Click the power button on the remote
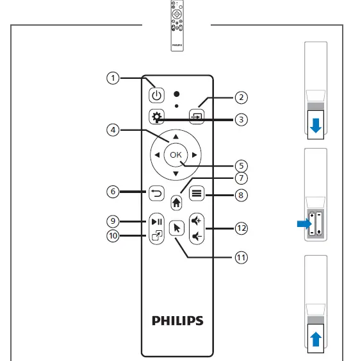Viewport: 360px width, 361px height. tap(157, 96)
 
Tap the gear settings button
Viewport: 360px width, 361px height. tap(157, 117)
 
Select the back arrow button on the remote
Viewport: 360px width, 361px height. tap(157, 192)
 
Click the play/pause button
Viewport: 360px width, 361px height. tap(157, 222)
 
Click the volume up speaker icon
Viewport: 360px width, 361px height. tap(196, 220)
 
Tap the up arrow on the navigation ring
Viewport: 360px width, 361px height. tap(176, 137)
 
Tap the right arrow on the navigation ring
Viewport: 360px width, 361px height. tap(194, 155)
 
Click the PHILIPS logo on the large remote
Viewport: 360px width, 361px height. tap(177, 319)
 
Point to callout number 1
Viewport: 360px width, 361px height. tap(113, 78)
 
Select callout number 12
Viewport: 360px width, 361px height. tap(241, 228)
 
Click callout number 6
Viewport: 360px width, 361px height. tap(113, 192)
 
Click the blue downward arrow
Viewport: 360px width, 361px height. tap(315, 126)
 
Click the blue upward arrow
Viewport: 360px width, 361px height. tap(315, 339)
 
